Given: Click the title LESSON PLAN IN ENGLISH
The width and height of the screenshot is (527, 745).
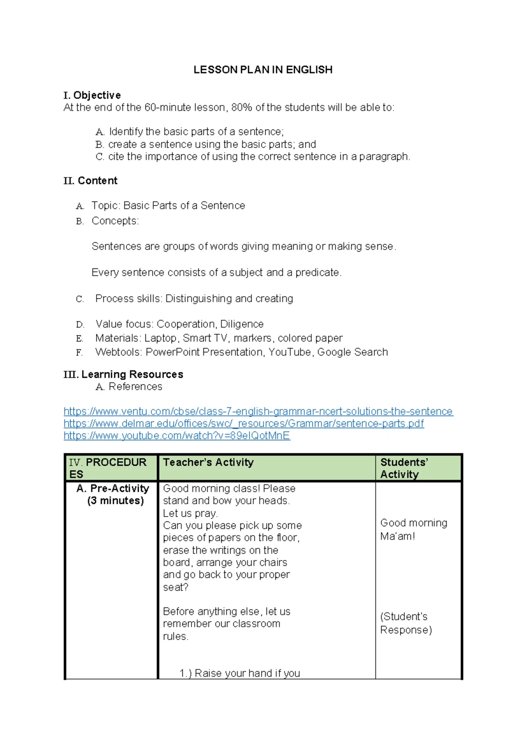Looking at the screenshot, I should pyautogui.click(x=263, y=70).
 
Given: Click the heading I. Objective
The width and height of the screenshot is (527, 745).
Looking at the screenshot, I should pyautogui.click(x=92, y=95).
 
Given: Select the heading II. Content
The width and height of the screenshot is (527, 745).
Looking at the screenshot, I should pyautogui.click(x=90, y=181).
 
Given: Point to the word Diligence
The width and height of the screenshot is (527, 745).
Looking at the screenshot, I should pyautogui.click(x=242, y=324).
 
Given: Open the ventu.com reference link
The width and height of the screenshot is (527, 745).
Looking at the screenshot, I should pyautogui.click(x=258, y=412).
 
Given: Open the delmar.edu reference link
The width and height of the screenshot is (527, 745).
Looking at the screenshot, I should pyautogui.click(x=244, y=424).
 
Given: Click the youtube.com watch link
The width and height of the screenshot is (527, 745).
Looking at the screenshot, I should pyautogui.click(x=177, y=436).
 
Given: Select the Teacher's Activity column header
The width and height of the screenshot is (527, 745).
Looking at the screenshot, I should pyautogui.click(x=208, y=463).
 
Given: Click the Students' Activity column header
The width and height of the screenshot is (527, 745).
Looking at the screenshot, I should pyautogui.click(x=404, y=468).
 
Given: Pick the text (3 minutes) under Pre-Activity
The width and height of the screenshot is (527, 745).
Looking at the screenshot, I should pyautogui.click(x=116, y=501).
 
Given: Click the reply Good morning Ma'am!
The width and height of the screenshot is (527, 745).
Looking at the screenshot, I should pyautogui.click(x=413, y=529).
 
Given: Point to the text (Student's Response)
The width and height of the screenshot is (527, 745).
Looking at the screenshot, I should pyautogui.click(x=405, y=623).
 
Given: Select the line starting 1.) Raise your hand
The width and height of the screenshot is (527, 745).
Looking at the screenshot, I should pyautogui.click(x=240, y=673).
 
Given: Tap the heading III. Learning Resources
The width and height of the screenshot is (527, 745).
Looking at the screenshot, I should pyautogui.click(x=123, y=375).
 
